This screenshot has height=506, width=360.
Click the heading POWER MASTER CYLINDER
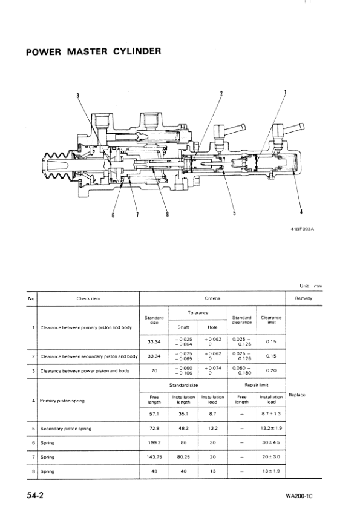tap(93, 51)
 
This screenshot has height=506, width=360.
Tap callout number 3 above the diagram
tap(77, 96)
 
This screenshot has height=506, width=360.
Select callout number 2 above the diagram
tap(221, 93)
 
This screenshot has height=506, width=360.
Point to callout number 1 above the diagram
tap(286, 93)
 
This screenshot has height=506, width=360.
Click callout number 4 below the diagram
tap(301, 211)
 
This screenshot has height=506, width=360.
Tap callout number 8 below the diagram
tap(168, 213)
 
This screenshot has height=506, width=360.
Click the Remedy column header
tap(303, 298)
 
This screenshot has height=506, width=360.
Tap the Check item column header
tap(88, 298)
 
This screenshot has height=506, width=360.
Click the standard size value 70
tap(154, 370)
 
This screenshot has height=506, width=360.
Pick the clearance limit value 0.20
tap(271, 370)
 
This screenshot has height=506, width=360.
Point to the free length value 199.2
tap(154, 442)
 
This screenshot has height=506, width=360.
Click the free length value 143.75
tap(154, 457)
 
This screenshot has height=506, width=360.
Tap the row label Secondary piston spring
tap(66, 429)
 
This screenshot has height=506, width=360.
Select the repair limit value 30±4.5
tap(271, 442)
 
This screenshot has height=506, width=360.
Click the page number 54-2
tap(34, 494)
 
